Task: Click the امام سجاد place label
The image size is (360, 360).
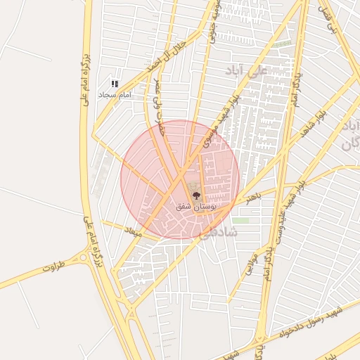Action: click(115, 94)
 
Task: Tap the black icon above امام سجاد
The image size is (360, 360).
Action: click(115, 84)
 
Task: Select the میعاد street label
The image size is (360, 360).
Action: click(132, 231)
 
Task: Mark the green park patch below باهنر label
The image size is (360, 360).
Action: click(241, 220)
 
